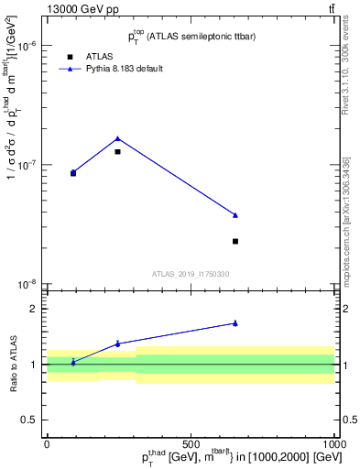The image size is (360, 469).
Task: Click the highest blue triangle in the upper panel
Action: point(117,138)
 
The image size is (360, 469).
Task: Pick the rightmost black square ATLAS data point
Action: point(235,241)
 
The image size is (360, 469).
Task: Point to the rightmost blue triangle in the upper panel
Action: point(235,215)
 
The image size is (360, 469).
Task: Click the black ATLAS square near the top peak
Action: point(117,151)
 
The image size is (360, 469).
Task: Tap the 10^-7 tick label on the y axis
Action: point(27,165)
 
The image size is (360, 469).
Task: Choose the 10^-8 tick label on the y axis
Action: point(27,285)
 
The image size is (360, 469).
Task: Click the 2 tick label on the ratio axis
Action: point(33,310)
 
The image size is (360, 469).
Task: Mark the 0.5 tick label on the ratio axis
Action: point(29,420)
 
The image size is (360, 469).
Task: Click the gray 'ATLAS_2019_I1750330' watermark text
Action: point(191,274)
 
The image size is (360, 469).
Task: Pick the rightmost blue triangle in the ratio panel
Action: point(235,322)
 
